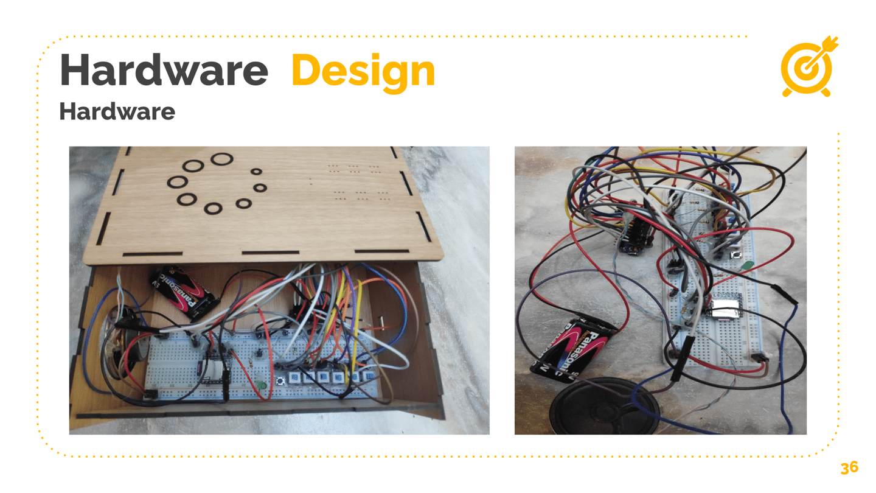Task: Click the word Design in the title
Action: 363,71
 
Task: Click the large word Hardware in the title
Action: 164,71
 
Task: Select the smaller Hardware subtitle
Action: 117,111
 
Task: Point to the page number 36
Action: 849,467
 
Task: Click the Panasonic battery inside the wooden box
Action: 184,291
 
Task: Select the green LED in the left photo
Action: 260,385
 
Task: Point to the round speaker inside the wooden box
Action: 122,344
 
